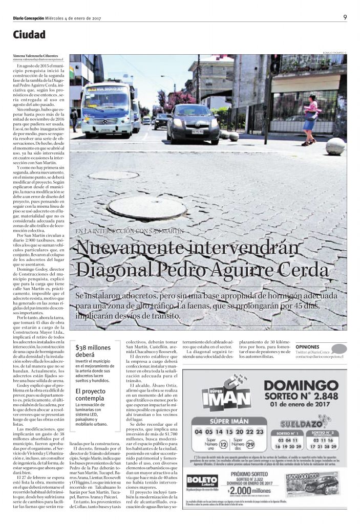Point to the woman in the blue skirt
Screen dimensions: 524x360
tap(310, 119)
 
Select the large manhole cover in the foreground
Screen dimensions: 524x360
tap(140, 207)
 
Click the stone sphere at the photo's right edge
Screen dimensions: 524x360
tap(335, 146)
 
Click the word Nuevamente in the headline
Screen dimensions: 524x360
tap(135, 249)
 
